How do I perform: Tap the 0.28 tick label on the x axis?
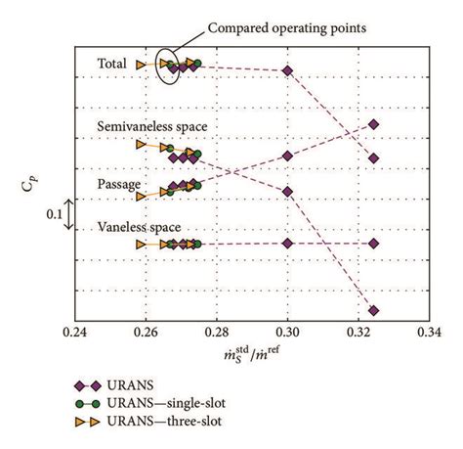pos(217,332)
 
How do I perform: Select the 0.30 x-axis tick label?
pos(287,332)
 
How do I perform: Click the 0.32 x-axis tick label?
pos(358,332)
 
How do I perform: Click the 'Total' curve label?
pos(112,65)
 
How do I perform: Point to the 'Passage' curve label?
pos(119,184)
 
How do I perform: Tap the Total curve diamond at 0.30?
pos(287,70)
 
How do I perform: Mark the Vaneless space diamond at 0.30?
pos(287,243)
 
